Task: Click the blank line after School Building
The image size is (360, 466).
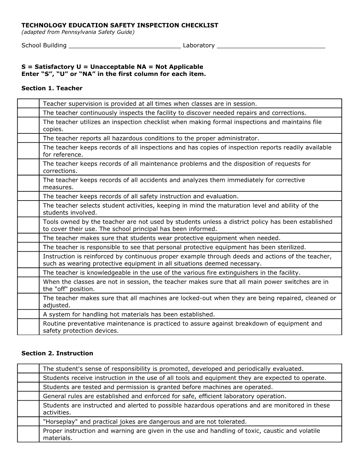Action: tap(125, 46)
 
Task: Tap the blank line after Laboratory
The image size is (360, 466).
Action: tap(271, 46)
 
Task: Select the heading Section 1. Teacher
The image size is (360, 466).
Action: tap(52, 88)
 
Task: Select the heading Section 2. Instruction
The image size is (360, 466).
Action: tap(57, 353)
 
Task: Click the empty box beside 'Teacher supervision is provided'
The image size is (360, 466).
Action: tap(28, 104)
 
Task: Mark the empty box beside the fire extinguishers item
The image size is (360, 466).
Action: tap(28, 273)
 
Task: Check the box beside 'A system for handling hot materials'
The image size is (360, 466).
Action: tap(28, 314)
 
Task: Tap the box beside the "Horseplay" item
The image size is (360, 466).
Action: tap(28, 422)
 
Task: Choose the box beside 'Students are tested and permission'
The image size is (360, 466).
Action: tap(28, 387)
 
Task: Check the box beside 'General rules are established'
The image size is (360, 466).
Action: tap(28, 396)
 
